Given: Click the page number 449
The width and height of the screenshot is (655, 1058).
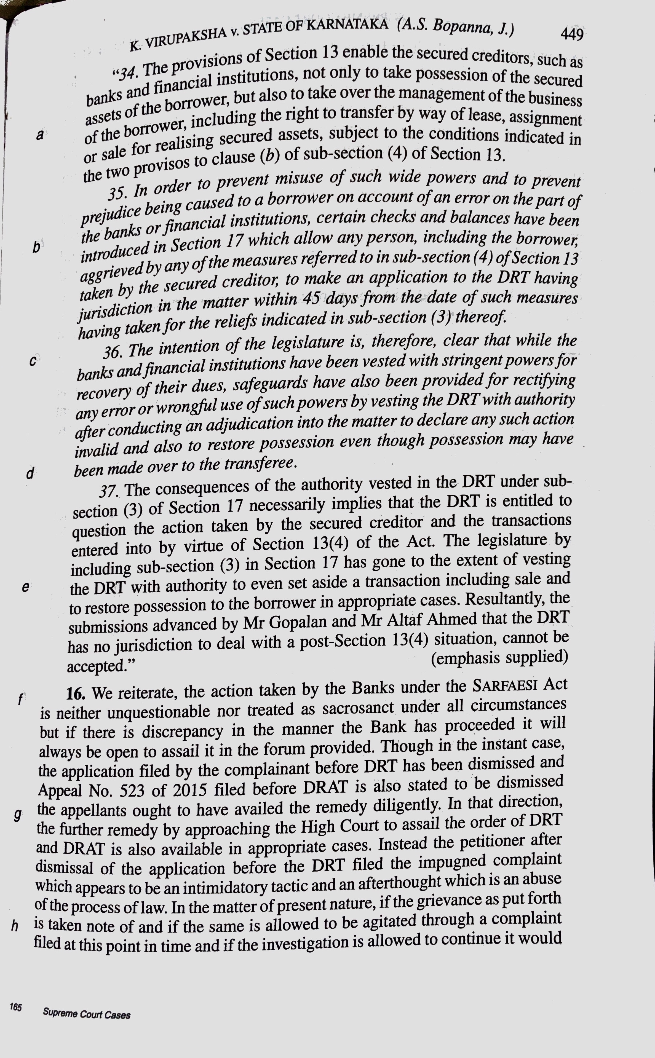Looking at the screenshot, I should (572, 34).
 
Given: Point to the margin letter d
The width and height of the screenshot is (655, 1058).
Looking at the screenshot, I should (30, 473).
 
